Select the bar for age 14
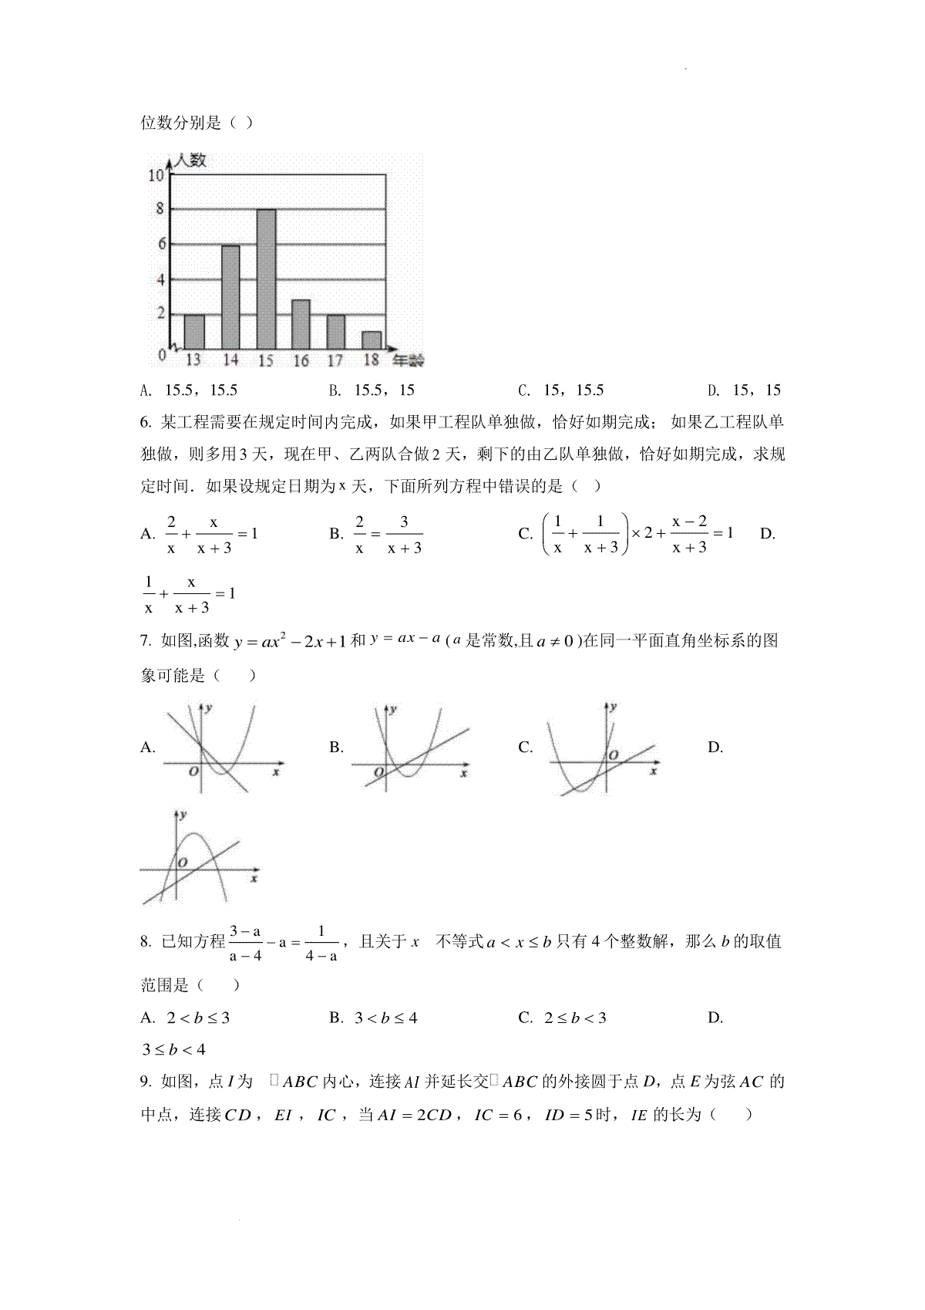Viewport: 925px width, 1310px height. pos(230,297)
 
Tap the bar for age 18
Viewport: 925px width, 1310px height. pos(372,340)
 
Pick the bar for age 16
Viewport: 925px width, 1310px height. pos(301,324)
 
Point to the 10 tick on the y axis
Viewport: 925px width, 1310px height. pos(156,175)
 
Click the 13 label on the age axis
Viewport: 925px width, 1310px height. pos(193,360)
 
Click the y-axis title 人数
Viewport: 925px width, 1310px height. pos(190,160)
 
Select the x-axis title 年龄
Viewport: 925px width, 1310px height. pos(408,360)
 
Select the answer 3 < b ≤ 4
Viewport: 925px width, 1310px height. pos(385,1018)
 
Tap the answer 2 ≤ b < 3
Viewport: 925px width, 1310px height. pos(575,1018)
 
